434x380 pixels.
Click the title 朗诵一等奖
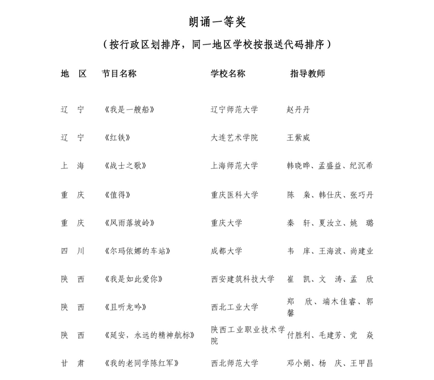point(217,22)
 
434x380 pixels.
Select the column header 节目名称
point(119,73)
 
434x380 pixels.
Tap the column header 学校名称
point(228,73)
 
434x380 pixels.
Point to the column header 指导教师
point(308,73)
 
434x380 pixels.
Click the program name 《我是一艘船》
point(130,110)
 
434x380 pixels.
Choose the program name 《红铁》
point(118,138)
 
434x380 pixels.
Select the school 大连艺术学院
point(234,138)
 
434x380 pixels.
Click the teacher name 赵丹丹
point(298,110)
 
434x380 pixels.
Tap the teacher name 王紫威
point(298,138)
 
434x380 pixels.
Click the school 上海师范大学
point(234,166)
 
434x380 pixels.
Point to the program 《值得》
point(118,195)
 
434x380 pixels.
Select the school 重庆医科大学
point(234,195)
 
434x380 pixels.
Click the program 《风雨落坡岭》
point(130,223)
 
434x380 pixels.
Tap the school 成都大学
point(226,251)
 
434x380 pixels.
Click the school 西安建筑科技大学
point(242,279)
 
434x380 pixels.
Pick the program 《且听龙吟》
point(126,307)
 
